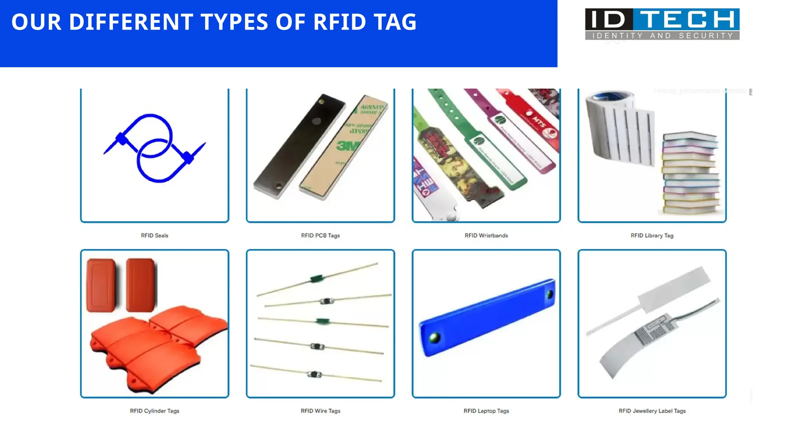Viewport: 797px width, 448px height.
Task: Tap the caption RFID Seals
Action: pos(154,235)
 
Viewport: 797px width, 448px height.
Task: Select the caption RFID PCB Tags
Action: pos(320,235)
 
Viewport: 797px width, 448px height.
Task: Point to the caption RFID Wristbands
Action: pos(486,235)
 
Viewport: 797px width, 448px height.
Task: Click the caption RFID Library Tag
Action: pos(652,235)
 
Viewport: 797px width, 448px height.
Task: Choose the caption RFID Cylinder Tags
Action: pos(154,411)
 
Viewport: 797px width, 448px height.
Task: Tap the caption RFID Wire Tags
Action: pos(320,411)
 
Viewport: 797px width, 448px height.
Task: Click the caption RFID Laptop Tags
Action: pos(486,411)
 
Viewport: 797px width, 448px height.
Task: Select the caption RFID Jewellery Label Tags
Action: pos(652,411)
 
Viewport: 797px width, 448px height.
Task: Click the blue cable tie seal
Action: pos(154,148)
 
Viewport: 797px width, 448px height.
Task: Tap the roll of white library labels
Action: pos(619,128)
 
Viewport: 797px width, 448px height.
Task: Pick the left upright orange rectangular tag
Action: pos(101,285)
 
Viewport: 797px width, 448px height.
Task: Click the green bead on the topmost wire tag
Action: pos(316,278)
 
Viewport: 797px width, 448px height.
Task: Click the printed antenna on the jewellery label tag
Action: pos(654,331)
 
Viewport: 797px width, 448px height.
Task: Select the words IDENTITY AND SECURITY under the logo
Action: pos(662,36)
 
